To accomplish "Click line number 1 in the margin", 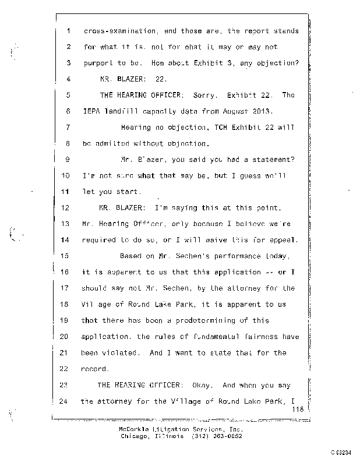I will click(x=68, y=30).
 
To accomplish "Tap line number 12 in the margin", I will click(x=65, y=207).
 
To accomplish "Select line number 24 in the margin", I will click(x=65, y=401).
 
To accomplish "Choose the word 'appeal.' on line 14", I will click(x=284, y=239).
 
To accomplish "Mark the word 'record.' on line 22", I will click(x=94, y=369).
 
